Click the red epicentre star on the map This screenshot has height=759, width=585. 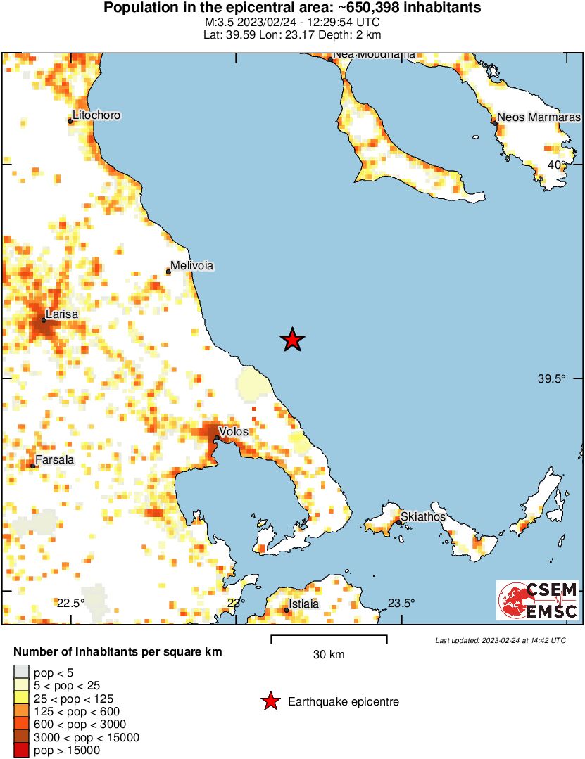(292, 340)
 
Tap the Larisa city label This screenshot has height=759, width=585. (61, 314)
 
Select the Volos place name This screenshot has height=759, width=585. (234, 431)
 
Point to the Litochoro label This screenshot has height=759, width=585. (96, 115)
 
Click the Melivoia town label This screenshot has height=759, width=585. (191, 266)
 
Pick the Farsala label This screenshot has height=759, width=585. (54, 460)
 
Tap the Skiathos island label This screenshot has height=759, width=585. (422, 517)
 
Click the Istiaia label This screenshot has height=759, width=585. (304, 604)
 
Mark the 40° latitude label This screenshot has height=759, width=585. (558, 165)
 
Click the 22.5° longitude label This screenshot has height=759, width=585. (70, 603)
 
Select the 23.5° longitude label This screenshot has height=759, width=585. (401, 603)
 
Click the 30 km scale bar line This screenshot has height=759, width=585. (329, 637)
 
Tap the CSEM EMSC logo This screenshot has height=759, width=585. (538, 600)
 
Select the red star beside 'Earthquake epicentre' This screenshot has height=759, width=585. (270, 701)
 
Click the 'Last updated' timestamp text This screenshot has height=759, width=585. (500, 640)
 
